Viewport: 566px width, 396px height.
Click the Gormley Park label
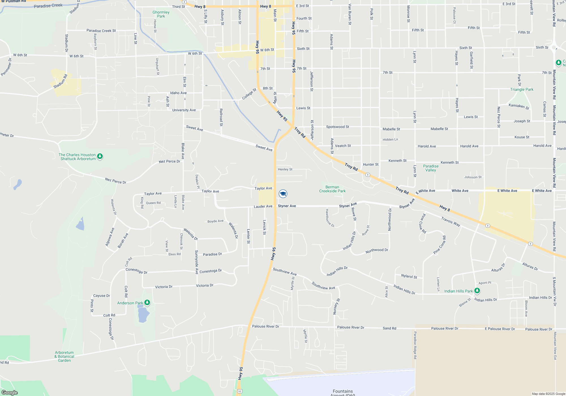tap(161, 14)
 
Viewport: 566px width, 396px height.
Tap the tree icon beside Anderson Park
tap(147, 303)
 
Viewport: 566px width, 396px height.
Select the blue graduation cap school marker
tap(283, 194)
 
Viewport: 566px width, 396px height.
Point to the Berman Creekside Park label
tap(332, 189)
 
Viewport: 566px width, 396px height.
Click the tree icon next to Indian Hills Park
tap(477, 290)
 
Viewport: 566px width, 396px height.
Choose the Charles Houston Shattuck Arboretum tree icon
tap(100, 156)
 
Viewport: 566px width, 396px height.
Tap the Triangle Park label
tap(522, 89)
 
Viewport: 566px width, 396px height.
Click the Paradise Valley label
tap(431, 168)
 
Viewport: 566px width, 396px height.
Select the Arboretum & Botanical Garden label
tap(64, 356)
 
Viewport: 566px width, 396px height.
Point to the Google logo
tap(10, 392)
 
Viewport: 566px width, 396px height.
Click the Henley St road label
tap(285, 169)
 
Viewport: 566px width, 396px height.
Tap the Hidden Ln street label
tap(390, 139)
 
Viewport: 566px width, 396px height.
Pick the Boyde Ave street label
tap(215, 221)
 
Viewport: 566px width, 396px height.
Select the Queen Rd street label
tap(153, 203)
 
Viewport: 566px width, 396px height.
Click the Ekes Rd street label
tap(174, 254)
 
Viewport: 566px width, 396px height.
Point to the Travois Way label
tap(451, 221)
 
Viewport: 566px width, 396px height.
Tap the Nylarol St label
tap(409, 276)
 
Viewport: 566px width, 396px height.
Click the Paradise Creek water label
tap(48, 6)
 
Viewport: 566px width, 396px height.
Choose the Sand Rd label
tap(389, 328)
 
